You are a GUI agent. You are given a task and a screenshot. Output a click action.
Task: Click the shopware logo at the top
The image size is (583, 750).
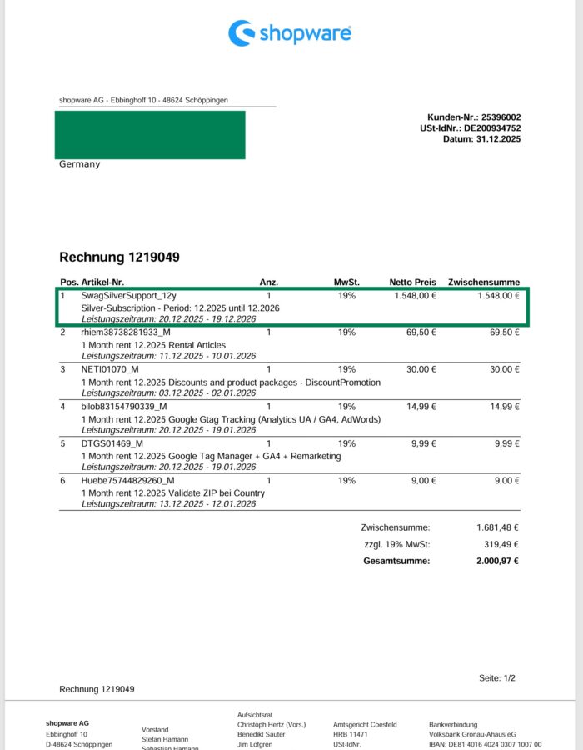[x=290, y=33]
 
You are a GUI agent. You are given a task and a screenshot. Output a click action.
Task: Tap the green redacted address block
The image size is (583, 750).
[x=150, y=134]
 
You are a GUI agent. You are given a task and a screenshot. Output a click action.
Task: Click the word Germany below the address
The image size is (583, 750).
[x=79, y=164]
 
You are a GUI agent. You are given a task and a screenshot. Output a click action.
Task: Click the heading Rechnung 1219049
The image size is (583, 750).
[x=119, y=257]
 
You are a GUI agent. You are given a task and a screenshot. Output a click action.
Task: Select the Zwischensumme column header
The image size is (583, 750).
[x=483, y=282]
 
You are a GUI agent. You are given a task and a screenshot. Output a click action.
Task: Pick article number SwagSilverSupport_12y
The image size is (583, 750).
[x=128, y=295]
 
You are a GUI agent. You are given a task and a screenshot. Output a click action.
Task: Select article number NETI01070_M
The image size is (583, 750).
[x=110, y=369]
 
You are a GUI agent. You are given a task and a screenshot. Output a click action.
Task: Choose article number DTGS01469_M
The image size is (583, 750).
[x=112, y=443]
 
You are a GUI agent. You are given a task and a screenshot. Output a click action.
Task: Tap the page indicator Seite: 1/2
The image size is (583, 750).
[x=497, y=678]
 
